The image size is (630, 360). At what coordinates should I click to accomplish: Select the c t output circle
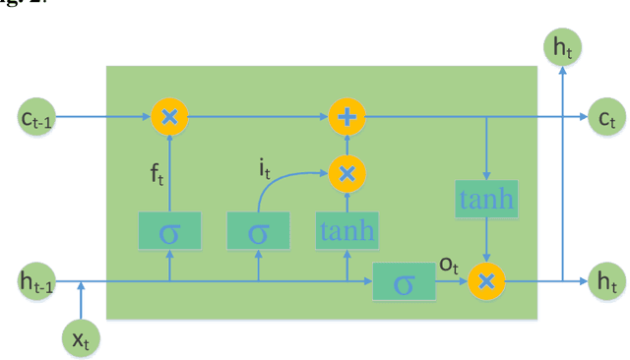point(605,118)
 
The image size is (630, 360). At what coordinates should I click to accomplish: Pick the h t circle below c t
point(605,282)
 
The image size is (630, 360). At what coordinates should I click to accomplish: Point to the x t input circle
point(81,339)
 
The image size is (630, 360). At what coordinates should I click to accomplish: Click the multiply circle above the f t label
point(170,118)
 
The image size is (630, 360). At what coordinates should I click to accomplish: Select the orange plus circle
point(346,118)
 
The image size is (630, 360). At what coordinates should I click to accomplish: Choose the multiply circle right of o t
point(485,282)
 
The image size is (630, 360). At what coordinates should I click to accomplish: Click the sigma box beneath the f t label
point(170,232)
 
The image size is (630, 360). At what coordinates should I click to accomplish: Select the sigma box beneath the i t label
point(258,232)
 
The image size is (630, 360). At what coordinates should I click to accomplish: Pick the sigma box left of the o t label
point(404,282)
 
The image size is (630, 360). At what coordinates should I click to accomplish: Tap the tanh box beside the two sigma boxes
point(346,232)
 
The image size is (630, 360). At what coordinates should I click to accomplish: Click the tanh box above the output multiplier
point(485,202)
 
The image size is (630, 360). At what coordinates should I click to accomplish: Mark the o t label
point(449,266)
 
